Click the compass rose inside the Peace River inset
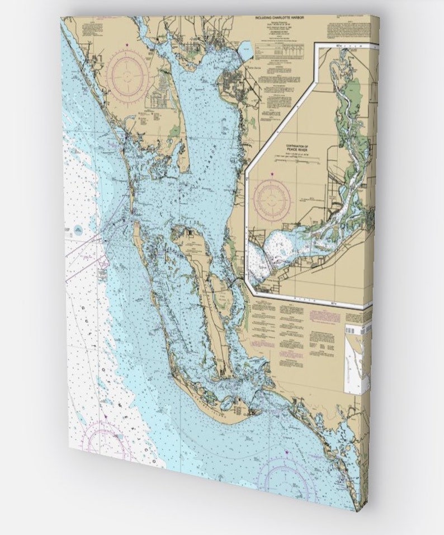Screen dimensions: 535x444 (272, 199)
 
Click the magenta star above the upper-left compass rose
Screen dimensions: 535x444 (127, 45)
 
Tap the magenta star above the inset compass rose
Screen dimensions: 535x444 (272, 175)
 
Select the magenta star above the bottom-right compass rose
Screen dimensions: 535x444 (286, 452)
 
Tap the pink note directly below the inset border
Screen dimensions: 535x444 (324, 316)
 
